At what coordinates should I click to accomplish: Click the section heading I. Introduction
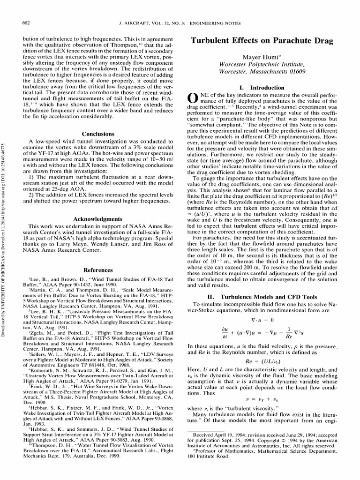[268, 88]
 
